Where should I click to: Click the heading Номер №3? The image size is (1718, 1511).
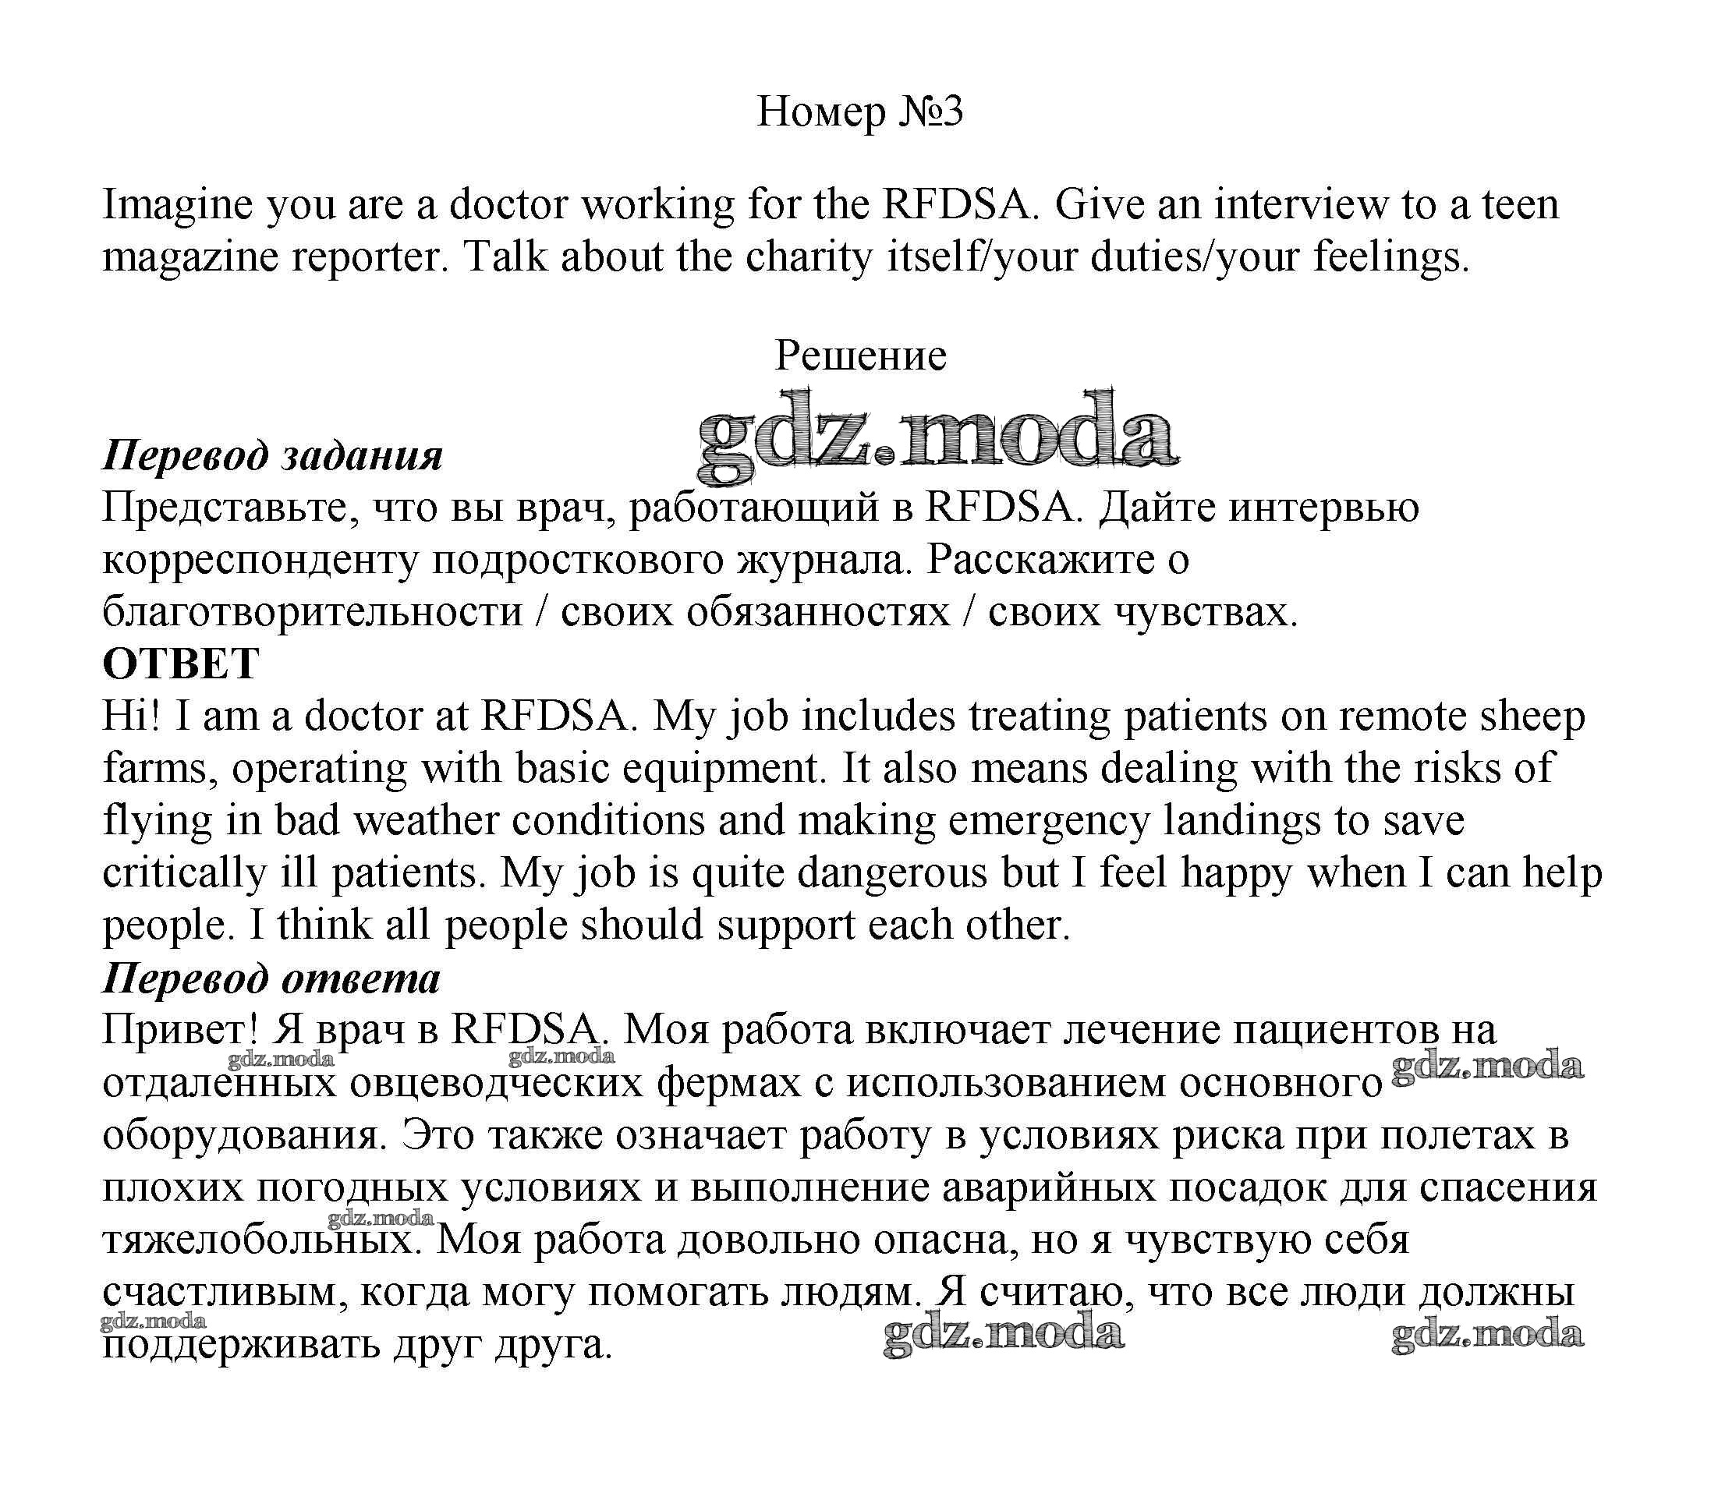tap(859, 111)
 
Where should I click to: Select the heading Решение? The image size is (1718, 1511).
tap(860, 356)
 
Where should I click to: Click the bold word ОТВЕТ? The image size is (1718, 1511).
tap(181, 664)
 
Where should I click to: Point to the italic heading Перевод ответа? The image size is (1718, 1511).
tap(271, 978)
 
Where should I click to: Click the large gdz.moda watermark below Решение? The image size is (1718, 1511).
tap(937, 435)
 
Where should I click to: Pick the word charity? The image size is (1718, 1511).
tap(809, 257)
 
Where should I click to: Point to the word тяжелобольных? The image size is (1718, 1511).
tap(261, 1240)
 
